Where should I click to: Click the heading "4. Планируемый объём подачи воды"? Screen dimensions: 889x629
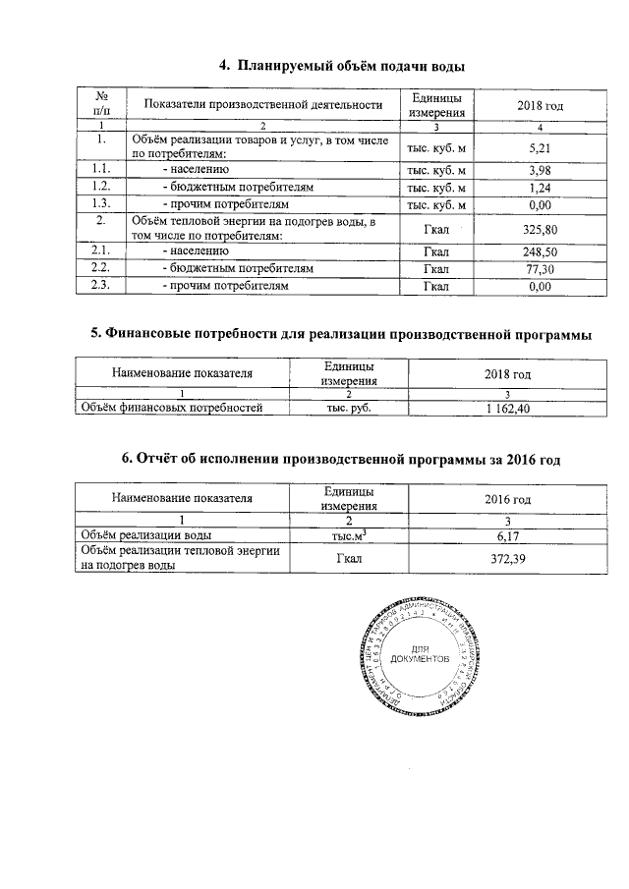pos(341,66)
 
